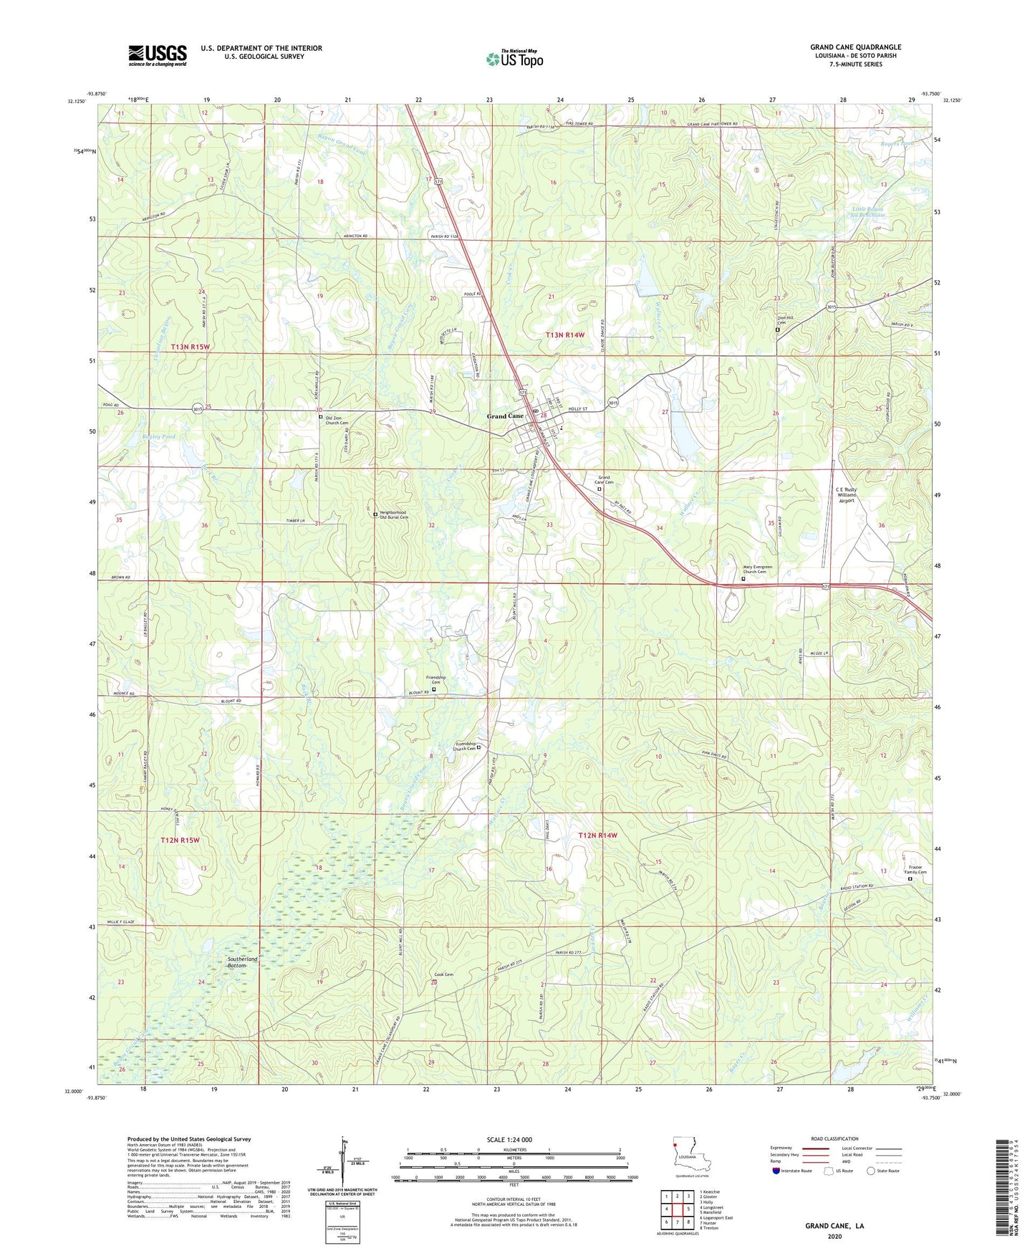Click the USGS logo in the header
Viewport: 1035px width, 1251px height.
[158, 55]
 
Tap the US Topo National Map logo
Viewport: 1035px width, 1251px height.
[514, 59]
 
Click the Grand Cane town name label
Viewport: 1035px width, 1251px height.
[506, 416]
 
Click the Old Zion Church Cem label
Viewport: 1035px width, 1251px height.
[337, 419]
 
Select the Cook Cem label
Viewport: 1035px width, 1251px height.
[443, 974]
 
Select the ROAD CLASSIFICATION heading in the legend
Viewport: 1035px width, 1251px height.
[834, 1139]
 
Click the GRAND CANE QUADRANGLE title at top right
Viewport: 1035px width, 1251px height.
[855, 47]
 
